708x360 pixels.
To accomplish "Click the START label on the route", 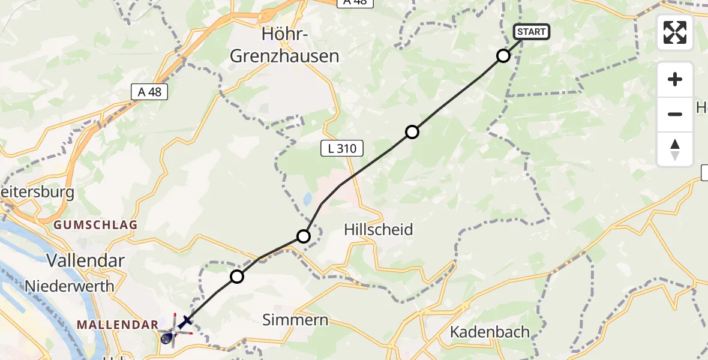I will (x=531, y=32).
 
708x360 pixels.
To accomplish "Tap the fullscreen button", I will (x=675, y=32).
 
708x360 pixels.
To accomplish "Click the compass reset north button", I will (x=675, y=149).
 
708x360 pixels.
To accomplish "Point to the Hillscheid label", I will (x=379, y=229).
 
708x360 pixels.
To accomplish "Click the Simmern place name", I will (x=296, y=320).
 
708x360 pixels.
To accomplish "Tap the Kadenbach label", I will (x=490, y=332).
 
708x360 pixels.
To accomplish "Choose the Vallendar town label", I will (x=86, y=260).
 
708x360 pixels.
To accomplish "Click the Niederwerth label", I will (x=70, y=286).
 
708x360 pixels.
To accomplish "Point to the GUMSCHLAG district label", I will (x=96, y=225).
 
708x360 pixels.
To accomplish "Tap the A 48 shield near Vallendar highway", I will (x=149, y=92).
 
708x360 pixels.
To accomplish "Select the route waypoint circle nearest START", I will (x=503, y=56).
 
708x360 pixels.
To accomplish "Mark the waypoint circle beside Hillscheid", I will (x=304, y=236).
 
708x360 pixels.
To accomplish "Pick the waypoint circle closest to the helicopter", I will (x=237, y=277).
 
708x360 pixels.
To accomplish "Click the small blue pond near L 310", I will (x=307, y=199).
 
